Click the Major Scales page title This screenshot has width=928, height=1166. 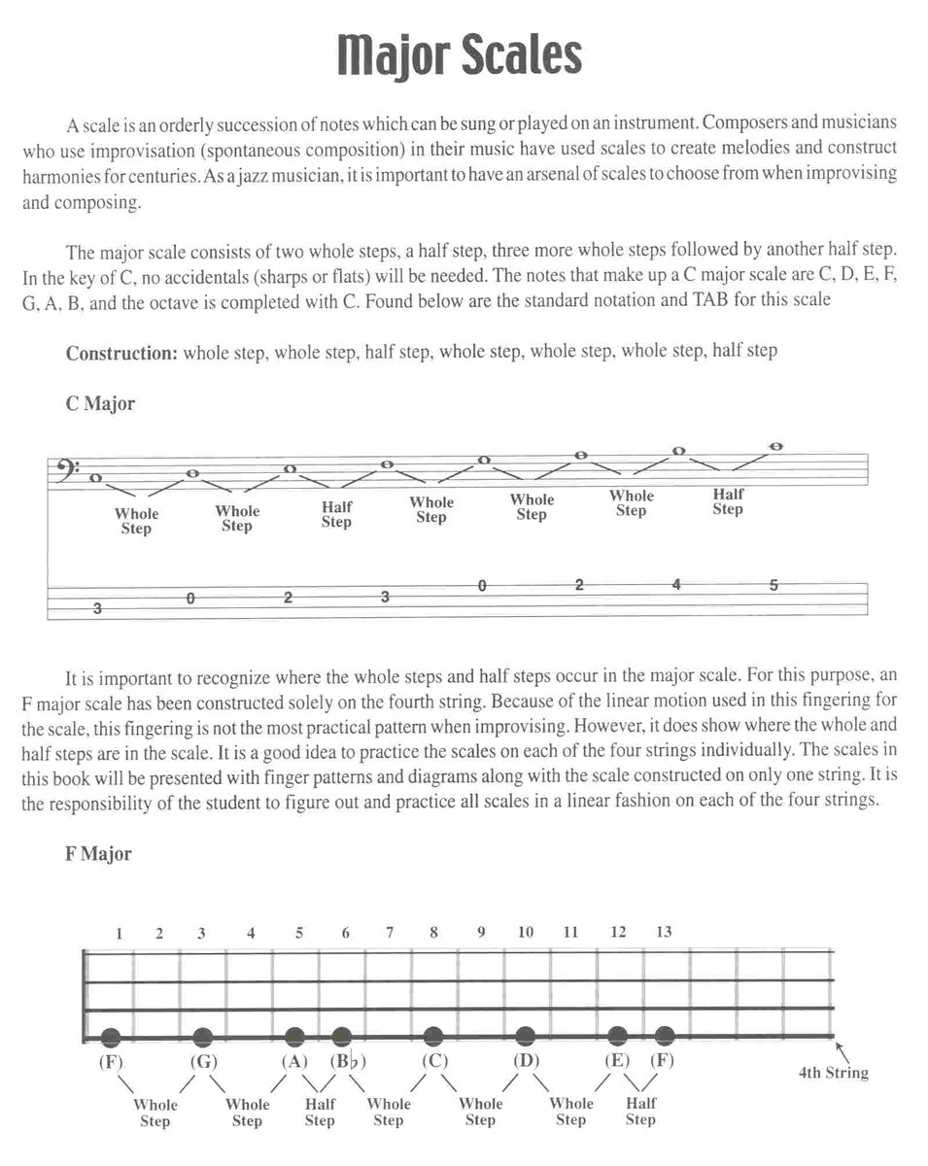click(x=460, y=56)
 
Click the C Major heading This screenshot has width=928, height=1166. click(x=100, y=404)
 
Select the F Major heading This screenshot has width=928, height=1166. click(x=98, y=854)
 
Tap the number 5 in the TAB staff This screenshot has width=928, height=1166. click(x=773, y=585)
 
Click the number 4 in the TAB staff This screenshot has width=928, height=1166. click(x=676, y=585)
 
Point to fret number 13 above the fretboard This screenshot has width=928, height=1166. click(x=664, y=932)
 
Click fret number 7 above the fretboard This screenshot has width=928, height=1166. click(x=390, y=932)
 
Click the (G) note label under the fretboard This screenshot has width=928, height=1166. click(x=202, y=1060)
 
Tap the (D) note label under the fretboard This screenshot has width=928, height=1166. click(x=525, y=1060)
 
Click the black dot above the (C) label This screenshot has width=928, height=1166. click(x=433, y=1036)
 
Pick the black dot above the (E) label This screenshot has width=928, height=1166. click(x=617, y=1036)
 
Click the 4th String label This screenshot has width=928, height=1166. click(x=833, y=1073)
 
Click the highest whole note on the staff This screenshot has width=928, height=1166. click(x=775, y=447)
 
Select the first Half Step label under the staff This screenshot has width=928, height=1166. click(x=336, y=514)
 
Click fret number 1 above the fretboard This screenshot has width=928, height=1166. click(x=119, y=933)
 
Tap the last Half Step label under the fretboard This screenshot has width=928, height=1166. click(x=640, y=1112)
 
